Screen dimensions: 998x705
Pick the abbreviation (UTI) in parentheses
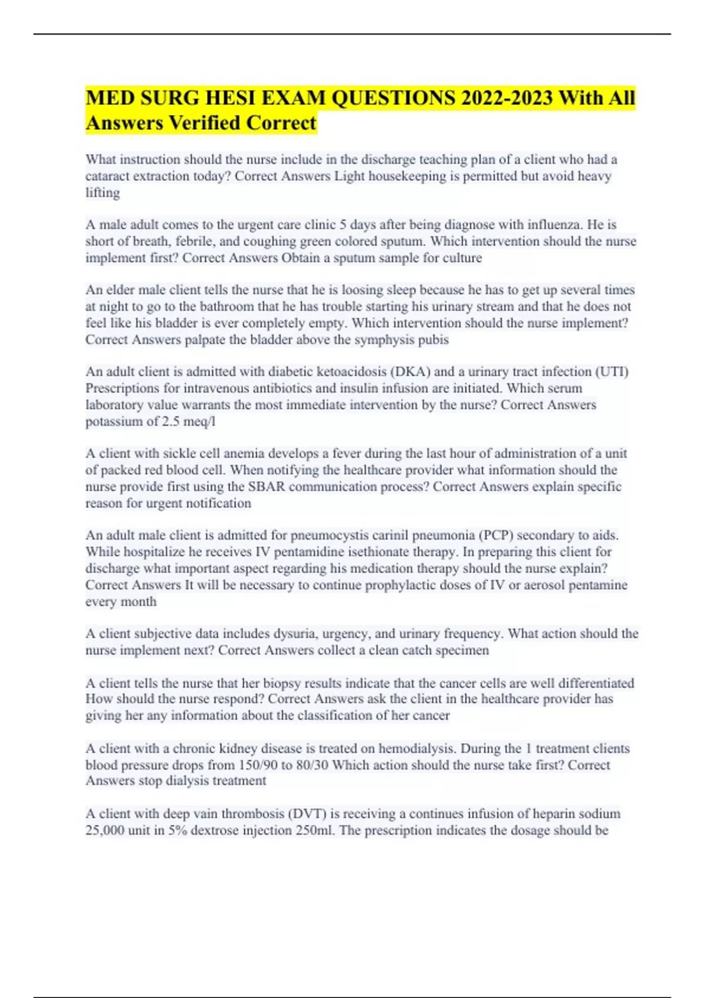click(612, 372)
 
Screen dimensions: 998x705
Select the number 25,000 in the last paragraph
click(105, 831)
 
